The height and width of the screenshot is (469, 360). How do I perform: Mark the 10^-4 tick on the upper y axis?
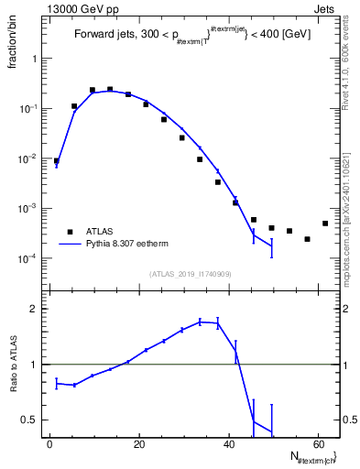coord(29,258)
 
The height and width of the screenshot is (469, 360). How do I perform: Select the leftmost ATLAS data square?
coord(57,160)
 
